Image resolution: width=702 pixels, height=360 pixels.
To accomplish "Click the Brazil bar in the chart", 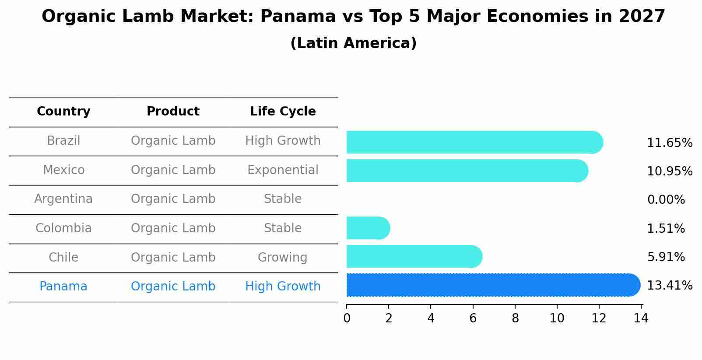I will tap(473, 142).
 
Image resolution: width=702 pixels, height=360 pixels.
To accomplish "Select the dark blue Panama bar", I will tap(490, 285).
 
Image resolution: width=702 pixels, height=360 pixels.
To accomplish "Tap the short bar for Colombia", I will tap(367, 228).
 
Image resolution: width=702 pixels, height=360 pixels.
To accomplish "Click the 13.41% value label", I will tap(669, 286).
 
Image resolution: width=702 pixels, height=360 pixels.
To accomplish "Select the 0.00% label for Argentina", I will tap(666, 200).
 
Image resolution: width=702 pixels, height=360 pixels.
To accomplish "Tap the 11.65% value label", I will tap(669, 143).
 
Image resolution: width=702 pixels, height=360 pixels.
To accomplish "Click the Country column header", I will tap(63, 112).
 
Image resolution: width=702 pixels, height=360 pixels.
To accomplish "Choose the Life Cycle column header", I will tap(283, 112).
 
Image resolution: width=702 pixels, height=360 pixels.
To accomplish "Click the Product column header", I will tap(173, 112).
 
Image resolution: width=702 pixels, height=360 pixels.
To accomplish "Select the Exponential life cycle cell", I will tap(283, 170).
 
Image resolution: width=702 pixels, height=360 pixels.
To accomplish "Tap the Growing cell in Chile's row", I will tap(282, 257).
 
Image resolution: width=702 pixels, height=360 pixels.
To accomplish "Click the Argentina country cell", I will tap(63, 199).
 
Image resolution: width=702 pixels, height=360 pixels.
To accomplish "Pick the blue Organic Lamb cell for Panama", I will tap(173, 287).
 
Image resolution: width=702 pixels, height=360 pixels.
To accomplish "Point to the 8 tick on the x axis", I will tap(515, 318).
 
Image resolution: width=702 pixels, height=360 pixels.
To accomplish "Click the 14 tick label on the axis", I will tap(641, 318).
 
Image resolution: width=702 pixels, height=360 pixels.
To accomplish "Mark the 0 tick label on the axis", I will tap(347, 318).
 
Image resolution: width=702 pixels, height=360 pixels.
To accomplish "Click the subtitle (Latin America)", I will tap(353, 43).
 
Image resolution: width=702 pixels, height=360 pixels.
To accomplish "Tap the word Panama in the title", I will tap(298, 17).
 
